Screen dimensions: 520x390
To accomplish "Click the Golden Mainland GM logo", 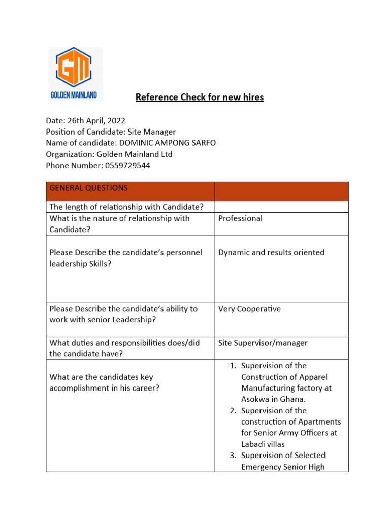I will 75,74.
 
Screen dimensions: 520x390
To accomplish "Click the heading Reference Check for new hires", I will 199,97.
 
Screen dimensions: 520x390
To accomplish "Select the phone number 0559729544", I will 127,165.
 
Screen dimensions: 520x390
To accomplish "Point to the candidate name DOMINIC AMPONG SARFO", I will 167,143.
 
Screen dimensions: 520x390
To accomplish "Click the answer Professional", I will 240,218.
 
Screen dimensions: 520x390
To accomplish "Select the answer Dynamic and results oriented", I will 271,252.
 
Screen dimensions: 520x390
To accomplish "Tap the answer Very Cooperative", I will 249,309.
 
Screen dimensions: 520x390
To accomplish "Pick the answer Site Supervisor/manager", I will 263,343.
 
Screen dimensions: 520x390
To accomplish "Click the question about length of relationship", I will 126,206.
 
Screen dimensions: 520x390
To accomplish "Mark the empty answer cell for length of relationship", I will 281,206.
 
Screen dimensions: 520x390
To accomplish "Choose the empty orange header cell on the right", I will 281,191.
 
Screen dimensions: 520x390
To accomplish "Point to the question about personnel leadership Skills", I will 125,258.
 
